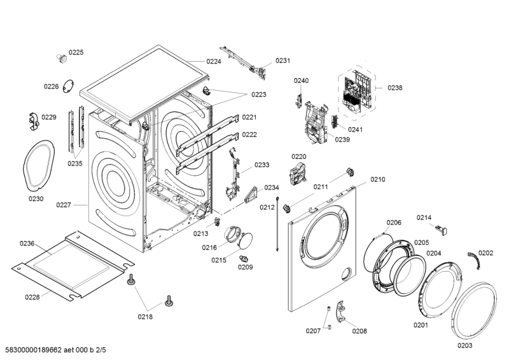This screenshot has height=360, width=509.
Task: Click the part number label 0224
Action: [x=214, y=62]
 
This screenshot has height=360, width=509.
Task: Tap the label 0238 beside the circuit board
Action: [x=394, y=88]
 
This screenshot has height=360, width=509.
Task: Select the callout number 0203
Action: [x=465, y=345]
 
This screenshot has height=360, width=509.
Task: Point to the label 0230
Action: [x=36, y=199]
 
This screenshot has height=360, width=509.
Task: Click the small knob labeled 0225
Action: [x=62, y=59]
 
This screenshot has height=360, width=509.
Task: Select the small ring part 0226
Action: [x=68, y=87]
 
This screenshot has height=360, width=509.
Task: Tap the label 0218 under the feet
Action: [x=145, y=316]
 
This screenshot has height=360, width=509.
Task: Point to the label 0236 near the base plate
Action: [x=27, y=244]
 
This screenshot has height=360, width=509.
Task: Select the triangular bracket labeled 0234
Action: [x=253, y=193]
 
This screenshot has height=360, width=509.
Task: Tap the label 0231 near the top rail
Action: [x=282, y=61]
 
